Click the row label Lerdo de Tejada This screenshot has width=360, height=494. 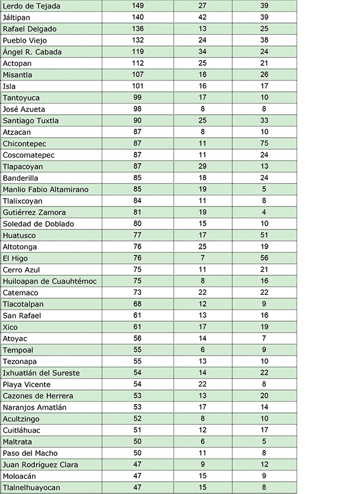pyautogui.click(x=31, y=6)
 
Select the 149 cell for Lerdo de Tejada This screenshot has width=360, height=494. pyautogui.click(x=138, y=6)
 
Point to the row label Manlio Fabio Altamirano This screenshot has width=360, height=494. pyautogui.click(x=46, y=190)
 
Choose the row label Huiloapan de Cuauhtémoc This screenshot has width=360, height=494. pyautogui.click(x=49, y=281)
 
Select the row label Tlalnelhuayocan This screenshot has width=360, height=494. pyautogui.click(x=31, y=488)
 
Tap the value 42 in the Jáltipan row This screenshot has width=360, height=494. pyautogui.click(x=202, y=17)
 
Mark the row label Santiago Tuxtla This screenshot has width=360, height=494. pyautogui.click(x=31, y=120)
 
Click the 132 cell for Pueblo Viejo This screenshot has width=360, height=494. pyautogui.click(x=138, y=40)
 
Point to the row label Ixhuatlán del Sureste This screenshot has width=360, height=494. pyautogui.click(x=41, y=373)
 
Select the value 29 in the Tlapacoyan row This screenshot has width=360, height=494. pyautogui.click(x=202, y=167)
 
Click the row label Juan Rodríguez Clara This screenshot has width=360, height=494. pyautogui.click(x=40, y=465)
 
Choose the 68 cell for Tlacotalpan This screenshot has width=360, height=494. pyautogui.click(x=138, y=304)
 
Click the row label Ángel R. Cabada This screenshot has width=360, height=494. pyautogui.click(x=32, y=52)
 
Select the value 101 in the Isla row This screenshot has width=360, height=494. pyautogui.click(x=138, y=86)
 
